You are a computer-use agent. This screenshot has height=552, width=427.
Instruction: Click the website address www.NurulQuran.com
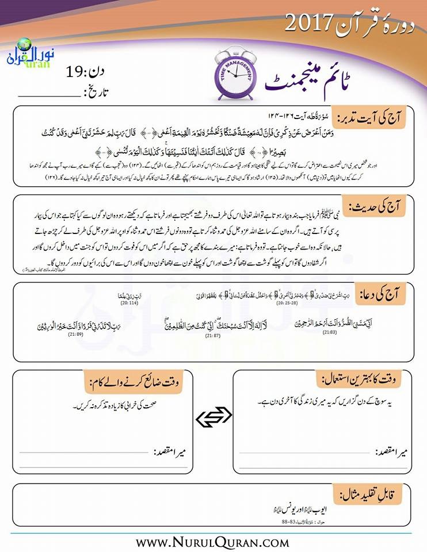coord(212,542)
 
